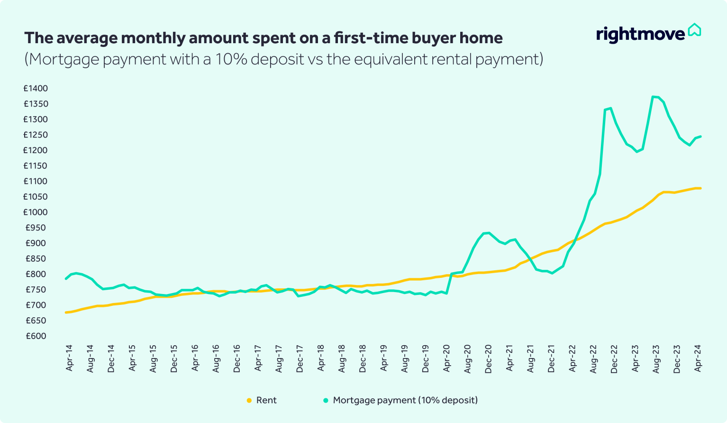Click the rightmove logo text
(x=640, y=34)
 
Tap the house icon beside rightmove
(x=694, y=30)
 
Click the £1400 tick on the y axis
(x=36, y=89)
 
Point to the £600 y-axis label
(x=36, y=336)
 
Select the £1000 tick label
(x=36, y=212)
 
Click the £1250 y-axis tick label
(x=36, y=135)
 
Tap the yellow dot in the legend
(x=249, y=401)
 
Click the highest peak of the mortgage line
(x=653, y=97)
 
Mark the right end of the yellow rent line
(x=700, y=188)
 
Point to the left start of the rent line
(x=66, y=313)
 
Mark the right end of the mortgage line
(x=700, y=137)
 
